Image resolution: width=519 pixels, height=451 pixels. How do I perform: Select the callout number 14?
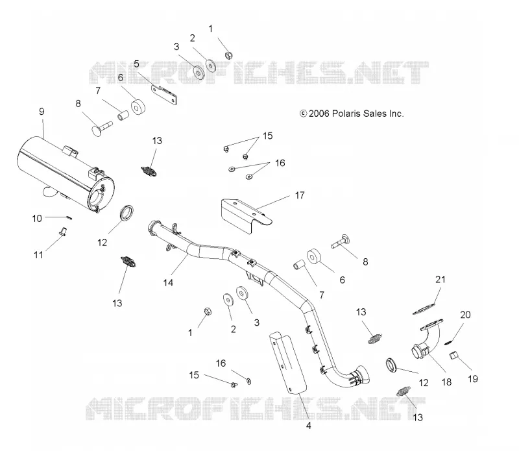[168, 282]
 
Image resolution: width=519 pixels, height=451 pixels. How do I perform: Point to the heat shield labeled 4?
[287, 363]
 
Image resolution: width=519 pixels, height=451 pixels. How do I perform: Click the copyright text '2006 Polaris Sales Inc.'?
[356, 114]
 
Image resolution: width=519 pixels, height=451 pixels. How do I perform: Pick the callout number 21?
[441, 280]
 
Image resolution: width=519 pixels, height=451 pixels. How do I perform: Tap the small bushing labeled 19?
[453, 356]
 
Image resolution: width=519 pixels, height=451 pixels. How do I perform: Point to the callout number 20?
[465, 315]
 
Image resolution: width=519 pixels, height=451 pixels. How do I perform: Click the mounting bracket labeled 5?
[164, 95]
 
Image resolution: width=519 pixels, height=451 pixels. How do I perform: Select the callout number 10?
[37, 219]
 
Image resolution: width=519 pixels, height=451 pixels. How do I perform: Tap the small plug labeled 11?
[62, 231]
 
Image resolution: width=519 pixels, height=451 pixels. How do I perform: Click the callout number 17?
[300, 195]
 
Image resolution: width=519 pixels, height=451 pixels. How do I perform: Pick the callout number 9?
[42, 112]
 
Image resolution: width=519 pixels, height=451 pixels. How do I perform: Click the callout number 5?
[136, 64]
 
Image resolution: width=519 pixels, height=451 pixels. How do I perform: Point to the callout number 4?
[309, 426]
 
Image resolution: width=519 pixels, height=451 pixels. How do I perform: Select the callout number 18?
[446, 382]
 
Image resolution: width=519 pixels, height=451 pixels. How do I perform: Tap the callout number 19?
[473, 379]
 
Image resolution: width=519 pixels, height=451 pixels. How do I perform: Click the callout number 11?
[38, 255]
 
